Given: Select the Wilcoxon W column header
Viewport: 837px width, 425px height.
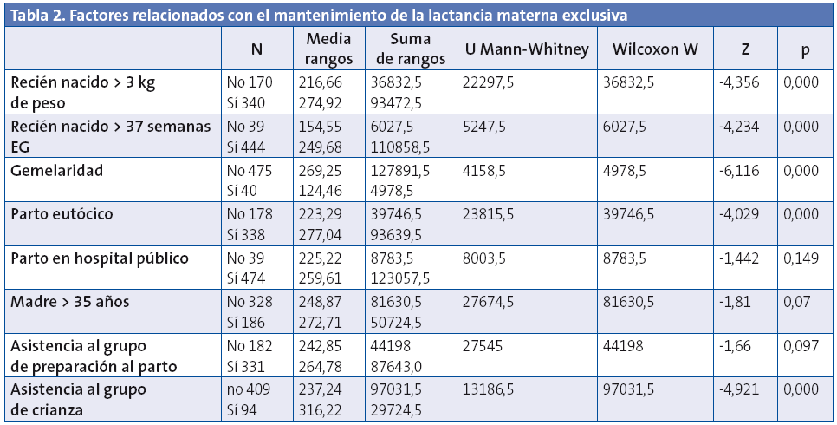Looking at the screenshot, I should click(655, 49).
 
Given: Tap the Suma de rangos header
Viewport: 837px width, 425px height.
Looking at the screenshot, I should click(411, 49).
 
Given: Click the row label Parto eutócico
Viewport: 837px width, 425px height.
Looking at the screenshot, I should click(62, 213).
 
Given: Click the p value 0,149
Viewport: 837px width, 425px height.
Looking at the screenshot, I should click(800, 258).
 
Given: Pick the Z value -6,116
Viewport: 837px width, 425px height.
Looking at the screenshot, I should click(739, 170).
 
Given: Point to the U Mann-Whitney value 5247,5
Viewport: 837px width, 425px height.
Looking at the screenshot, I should click(486, 126).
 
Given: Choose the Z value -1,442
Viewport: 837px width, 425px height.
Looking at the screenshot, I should click(739, 258).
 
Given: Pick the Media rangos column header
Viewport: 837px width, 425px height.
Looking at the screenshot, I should click(329, 49).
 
